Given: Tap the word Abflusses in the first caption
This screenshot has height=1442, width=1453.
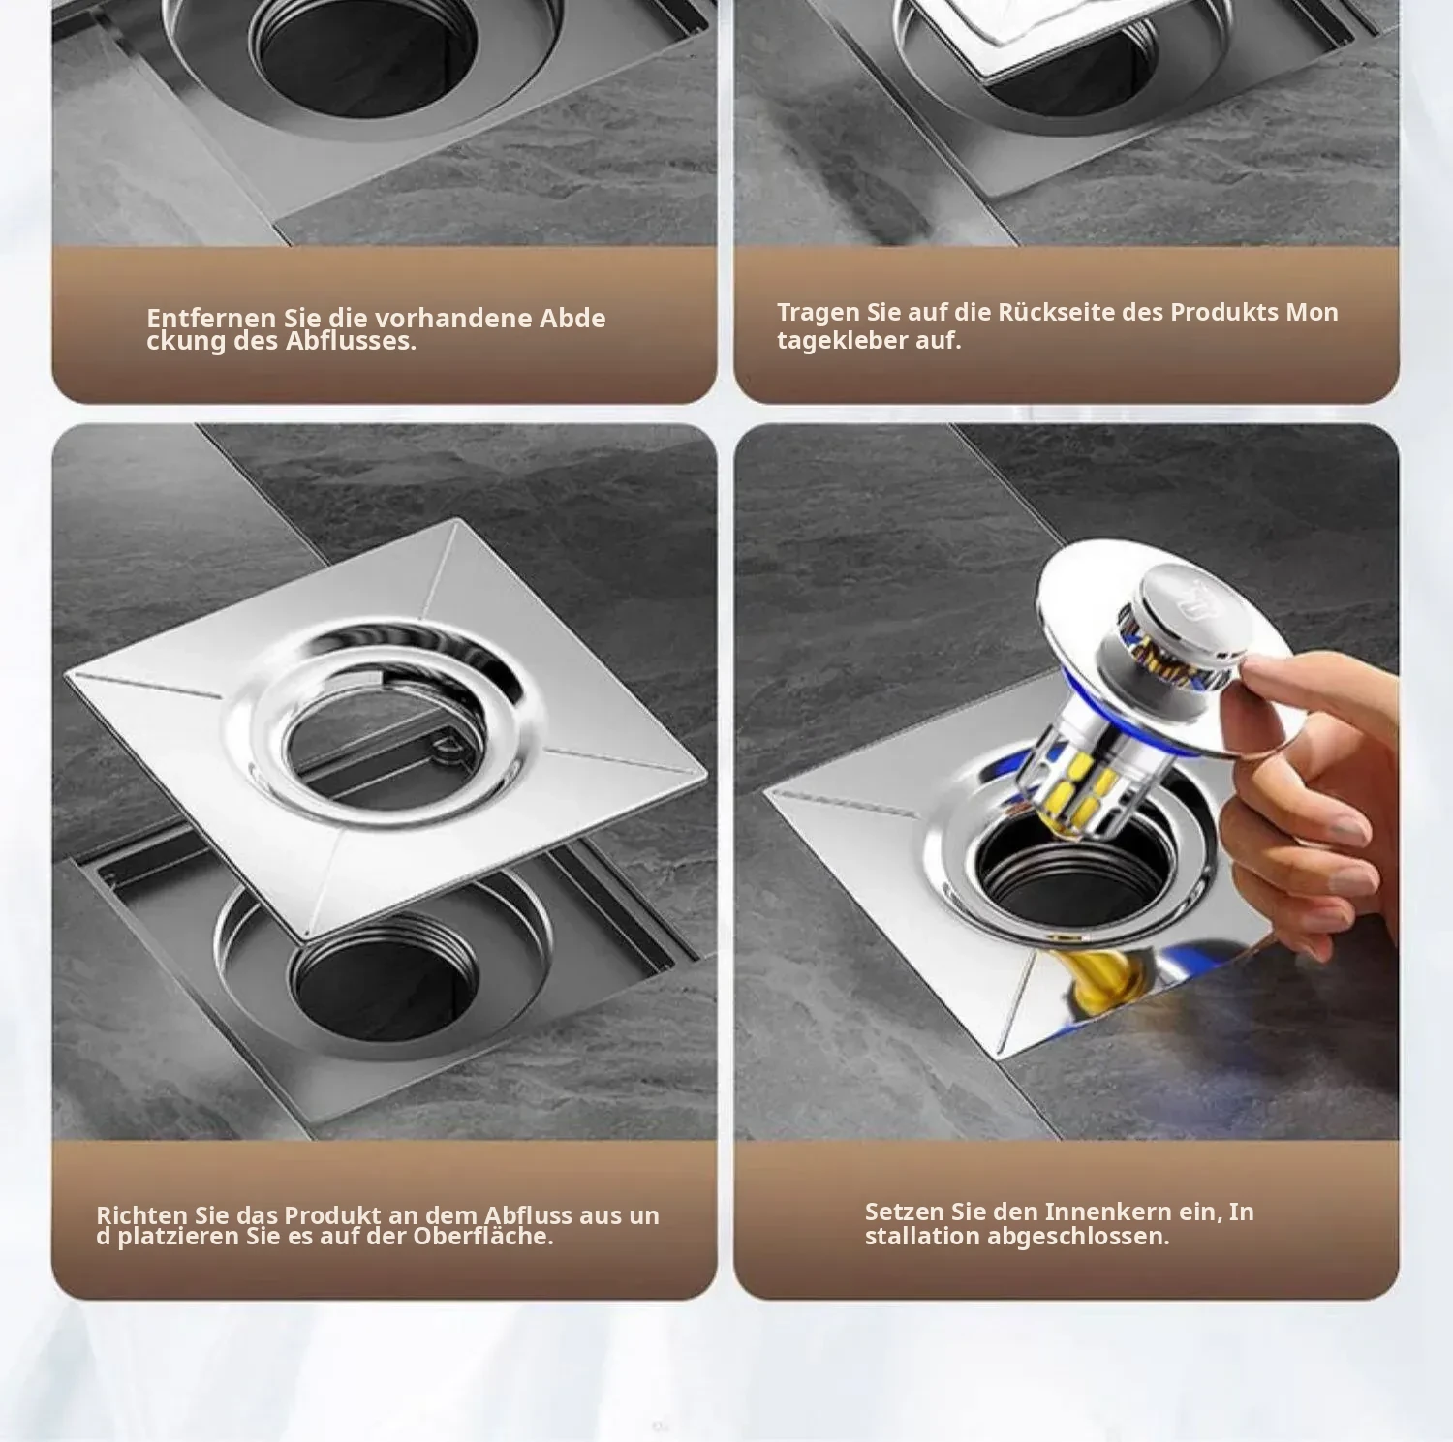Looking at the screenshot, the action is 350,341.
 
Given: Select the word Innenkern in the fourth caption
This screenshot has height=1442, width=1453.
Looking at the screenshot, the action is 1089,1212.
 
